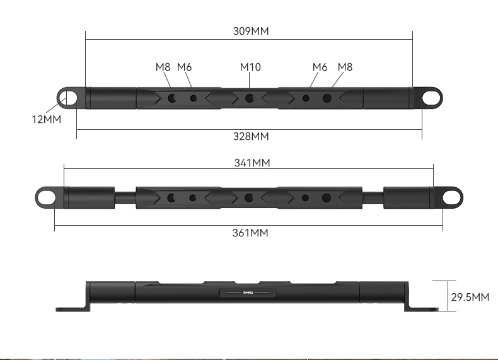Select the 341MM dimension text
pyautogui.click(x=252, y=163)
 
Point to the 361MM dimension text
pyautogui.click(x=250, y=233)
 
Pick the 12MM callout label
pyautogui.click(x=47, y=118)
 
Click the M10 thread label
pyautogui.click(x=250, y=67)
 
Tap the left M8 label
pyautogui.click(x=163, y=67)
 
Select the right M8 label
pyautogui.click(x=345, y=67)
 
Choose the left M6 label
pyautogui.click(x=184, y=67)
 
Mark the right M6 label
pyautogui.click(x=320, y=67)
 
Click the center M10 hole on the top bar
pyautogui.click(x=249, y=98)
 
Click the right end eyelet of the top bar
pyautogui.click(x=431, y=98)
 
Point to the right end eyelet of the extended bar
pyautogui.click(x=451, y=197)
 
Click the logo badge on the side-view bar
pyautogui.click(x=248, y=293)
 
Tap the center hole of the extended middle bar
pyautogui.click(x=249, y=197)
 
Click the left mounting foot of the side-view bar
pyautogui.click(x=71, y=308)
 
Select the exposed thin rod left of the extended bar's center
pyautogui.click(x=125, y=197)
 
